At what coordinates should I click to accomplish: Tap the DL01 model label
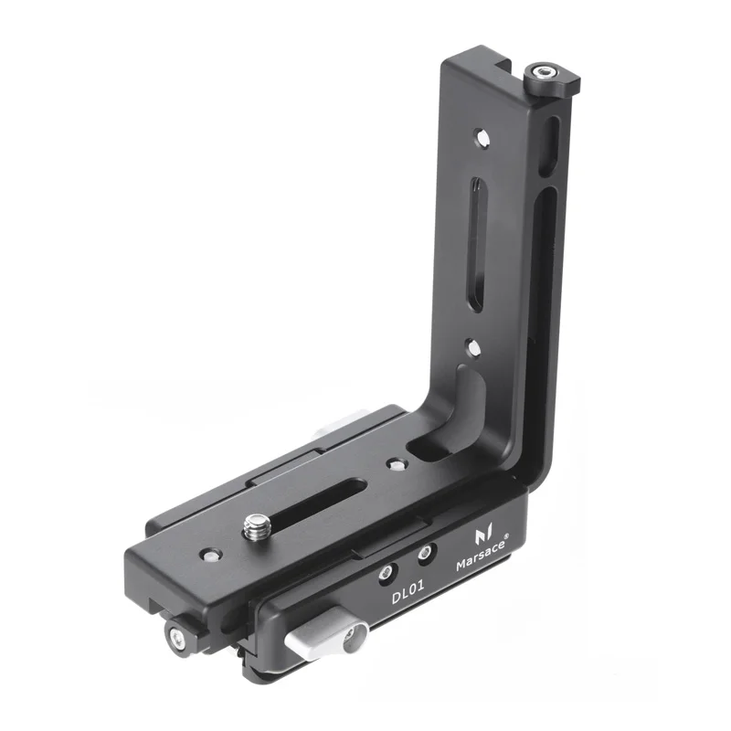point(408,592)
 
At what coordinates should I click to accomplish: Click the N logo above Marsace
point(483,535)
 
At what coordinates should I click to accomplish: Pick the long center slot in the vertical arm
point(478,244)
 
